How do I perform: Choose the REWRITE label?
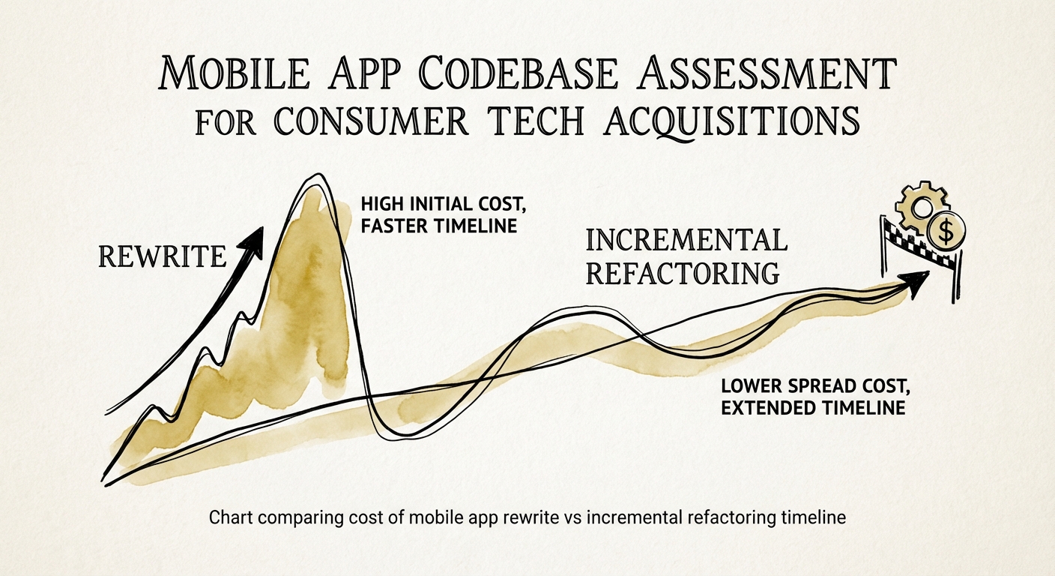(x=163, y=257)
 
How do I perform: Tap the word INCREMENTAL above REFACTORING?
(x=686, y=240)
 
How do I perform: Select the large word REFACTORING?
(x=682, y=273)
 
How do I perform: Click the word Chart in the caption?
(x=227, y=517)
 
